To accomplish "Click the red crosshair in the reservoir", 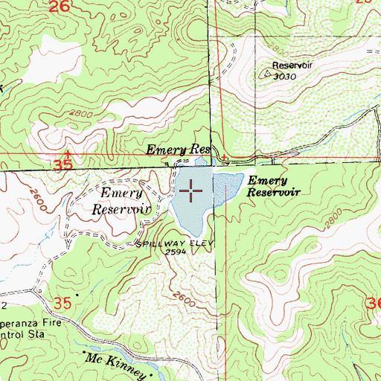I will coord(190,191).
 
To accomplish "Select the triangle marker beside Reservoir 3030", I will coord(269,74).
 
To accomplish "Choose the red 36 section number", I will coord(371,304).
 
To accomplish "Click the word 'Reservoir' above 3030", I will coord(289,65).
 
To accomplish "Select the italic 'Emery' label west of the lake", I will coord(118,194).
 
